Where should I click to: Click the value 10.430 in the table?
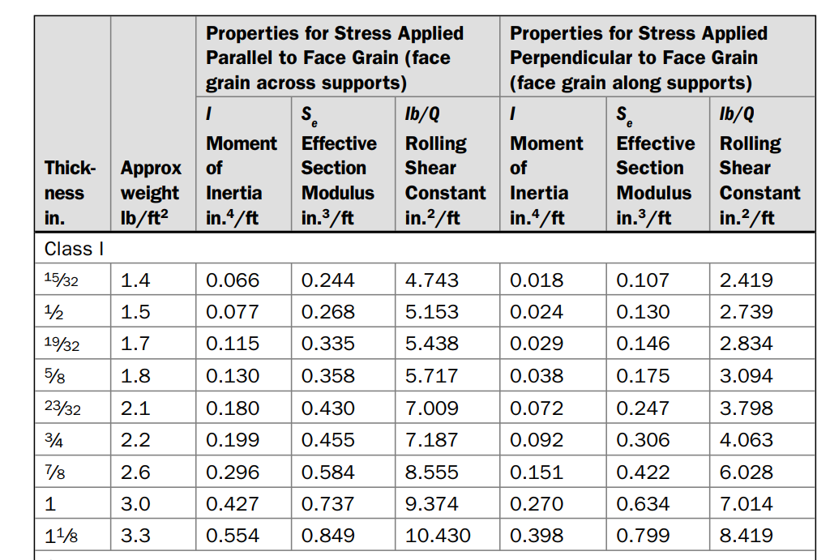click(437, 536)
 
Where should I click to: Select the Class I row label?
click(74, 248)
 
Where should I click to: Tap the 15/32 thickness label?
click(62, 280)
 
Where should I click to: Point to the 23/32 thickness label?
click(62, 408)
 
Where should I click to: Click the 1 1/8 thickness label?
click(62, 536)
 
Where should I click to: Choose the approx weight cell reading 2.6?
click(135, 472)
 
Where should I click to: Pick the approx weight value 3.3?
click(135, 536)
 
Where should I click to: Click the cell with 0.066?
click(233, 280)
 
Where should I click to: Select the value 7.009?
click(431, 408)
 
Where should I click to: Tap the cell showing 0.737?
click(327, 504)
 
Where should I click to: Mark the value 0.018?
click(537, 280)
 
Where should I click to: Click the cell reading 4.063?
click(746, 440)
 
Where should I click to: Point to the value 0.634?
click(643, 504)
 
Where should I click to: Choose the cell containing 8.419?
click(746, 536)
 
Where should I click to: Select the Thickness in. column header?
click(70, 193)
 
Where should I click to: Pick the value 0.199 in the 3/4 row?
click(233, 440)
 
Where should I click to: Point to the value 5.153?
click(431, 312)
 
